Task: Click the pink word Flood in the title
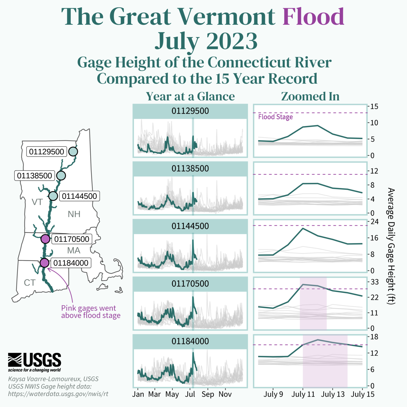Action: click(x=313, y=16)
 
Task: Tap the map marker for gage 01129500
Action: click(x=73, y=151)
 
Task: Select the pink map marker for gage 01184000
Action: click(x=44, y=263)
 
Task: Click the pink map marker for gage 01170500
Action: click(x=45, y=239)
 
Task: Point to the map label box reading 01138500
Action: click(x=34, y=176)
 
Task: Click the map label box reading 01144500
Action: click(x=79, y=196)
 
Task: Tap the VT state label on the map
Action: click(x=37, y=202)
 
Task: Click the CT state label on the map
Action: click(x=30, y=283)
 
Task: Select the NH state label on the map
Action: click(x=74, y=214)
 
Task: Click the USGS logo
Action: click(x=34, y=362)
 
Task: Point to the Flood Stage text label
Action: click(x=275, y=117)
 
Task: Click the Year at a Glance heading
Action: click(x=190, y=96)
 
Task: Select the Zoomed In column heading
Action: click(x=310, y=96)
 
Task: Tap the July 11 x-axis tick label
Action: click(x=303, y=394)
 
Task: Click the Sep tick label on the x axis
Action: click(x=208, y=394)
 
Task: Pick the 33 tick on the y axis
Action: click(x=374, y=282)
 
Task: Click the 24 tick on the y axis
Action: click(x=374, y=221)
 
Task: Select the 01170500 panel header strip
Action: click(x=190, y=284)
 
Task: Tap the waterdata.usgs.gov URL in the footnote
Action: click(x=58, y=394)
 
